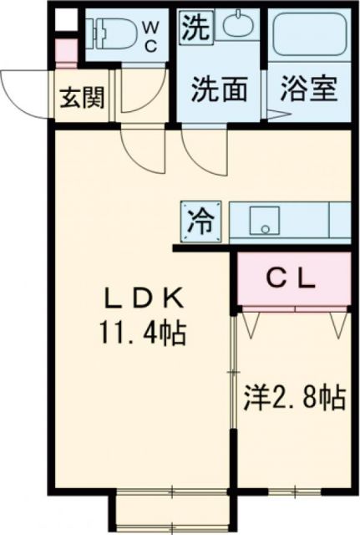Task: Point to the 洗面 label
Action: click(x=219, y=89)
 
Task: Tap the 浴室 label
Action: click(x=308, y=89)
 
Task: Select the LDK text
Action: click(x=139, y=298)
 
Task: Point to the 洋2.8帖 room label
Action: click(x=294, y=396)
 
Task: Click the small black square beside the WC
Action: click(x=65, y=18)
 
